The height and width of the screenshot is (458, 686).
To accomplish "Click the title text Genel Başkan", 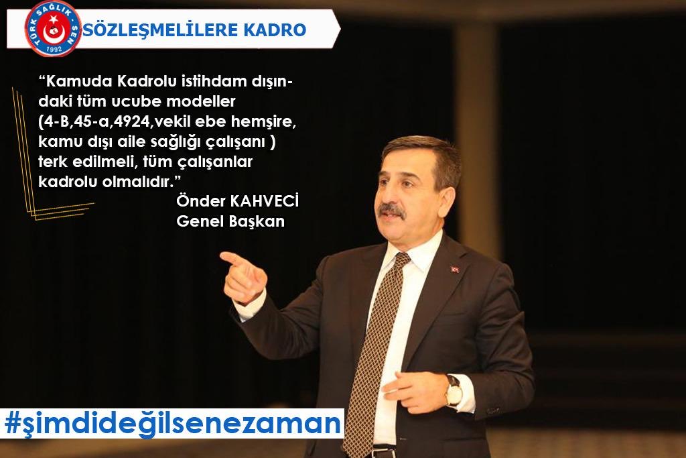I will pos(230,222).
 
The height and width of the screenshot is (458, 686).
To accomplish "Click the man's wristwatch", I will pos(454,390).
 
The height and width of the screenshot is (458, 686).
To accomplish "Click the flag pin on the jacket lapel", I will pos(455,270).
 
